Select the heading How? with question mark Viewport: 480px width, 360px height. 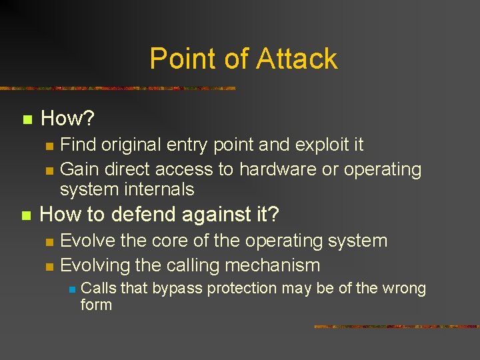67,119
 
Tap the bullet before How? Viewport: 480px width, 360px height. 27,121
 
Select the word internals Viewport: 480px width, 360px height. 161,189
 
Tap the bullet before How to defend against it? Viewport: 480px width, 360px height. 27,216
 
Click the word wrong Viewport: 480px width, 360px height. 403,289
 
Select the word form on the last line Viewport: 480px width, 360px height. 96,305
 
